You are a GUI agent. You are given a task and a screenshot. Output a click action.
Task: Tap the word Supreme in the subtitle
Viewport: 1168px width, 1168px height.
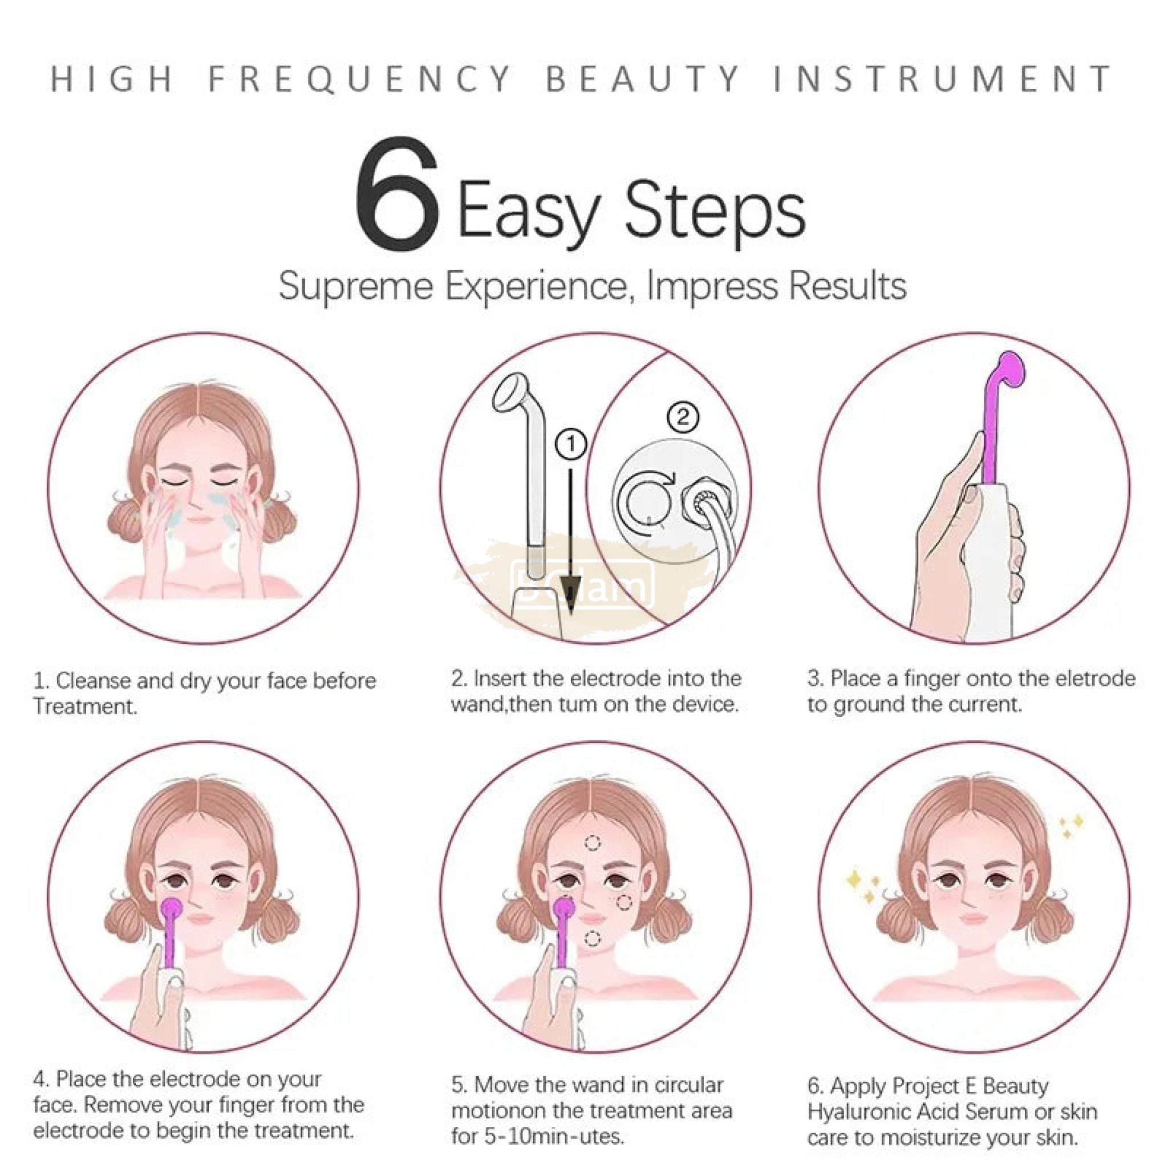(355, 286)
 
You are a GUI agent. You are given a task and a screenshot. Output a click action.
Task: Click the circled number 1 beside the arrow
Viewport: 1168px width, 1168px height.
(571, 445)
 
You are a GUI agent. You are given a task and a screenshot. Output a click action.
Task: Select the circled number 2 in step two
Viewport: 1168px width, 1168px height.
(683, 416)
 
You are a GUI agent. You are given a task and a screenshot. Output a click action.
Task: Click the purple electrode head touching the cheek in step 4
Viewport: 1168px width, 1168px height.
(172, 907)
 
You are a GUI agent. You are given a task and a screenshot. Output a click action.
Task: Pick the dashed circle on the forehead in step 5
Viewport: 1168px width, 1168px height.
(593, 843)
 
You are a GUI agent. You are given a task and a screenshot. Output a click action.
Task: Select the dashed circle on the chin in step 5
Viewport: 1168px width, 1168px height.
(593, 939)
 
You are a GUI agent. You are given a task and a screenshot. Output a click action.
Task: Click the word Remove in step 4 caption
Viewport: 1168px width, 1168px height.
(121, 1105)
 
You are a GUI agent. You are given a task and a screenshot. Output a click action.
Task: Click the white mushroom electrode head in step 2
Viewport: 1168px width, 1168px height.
(512, 392)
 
